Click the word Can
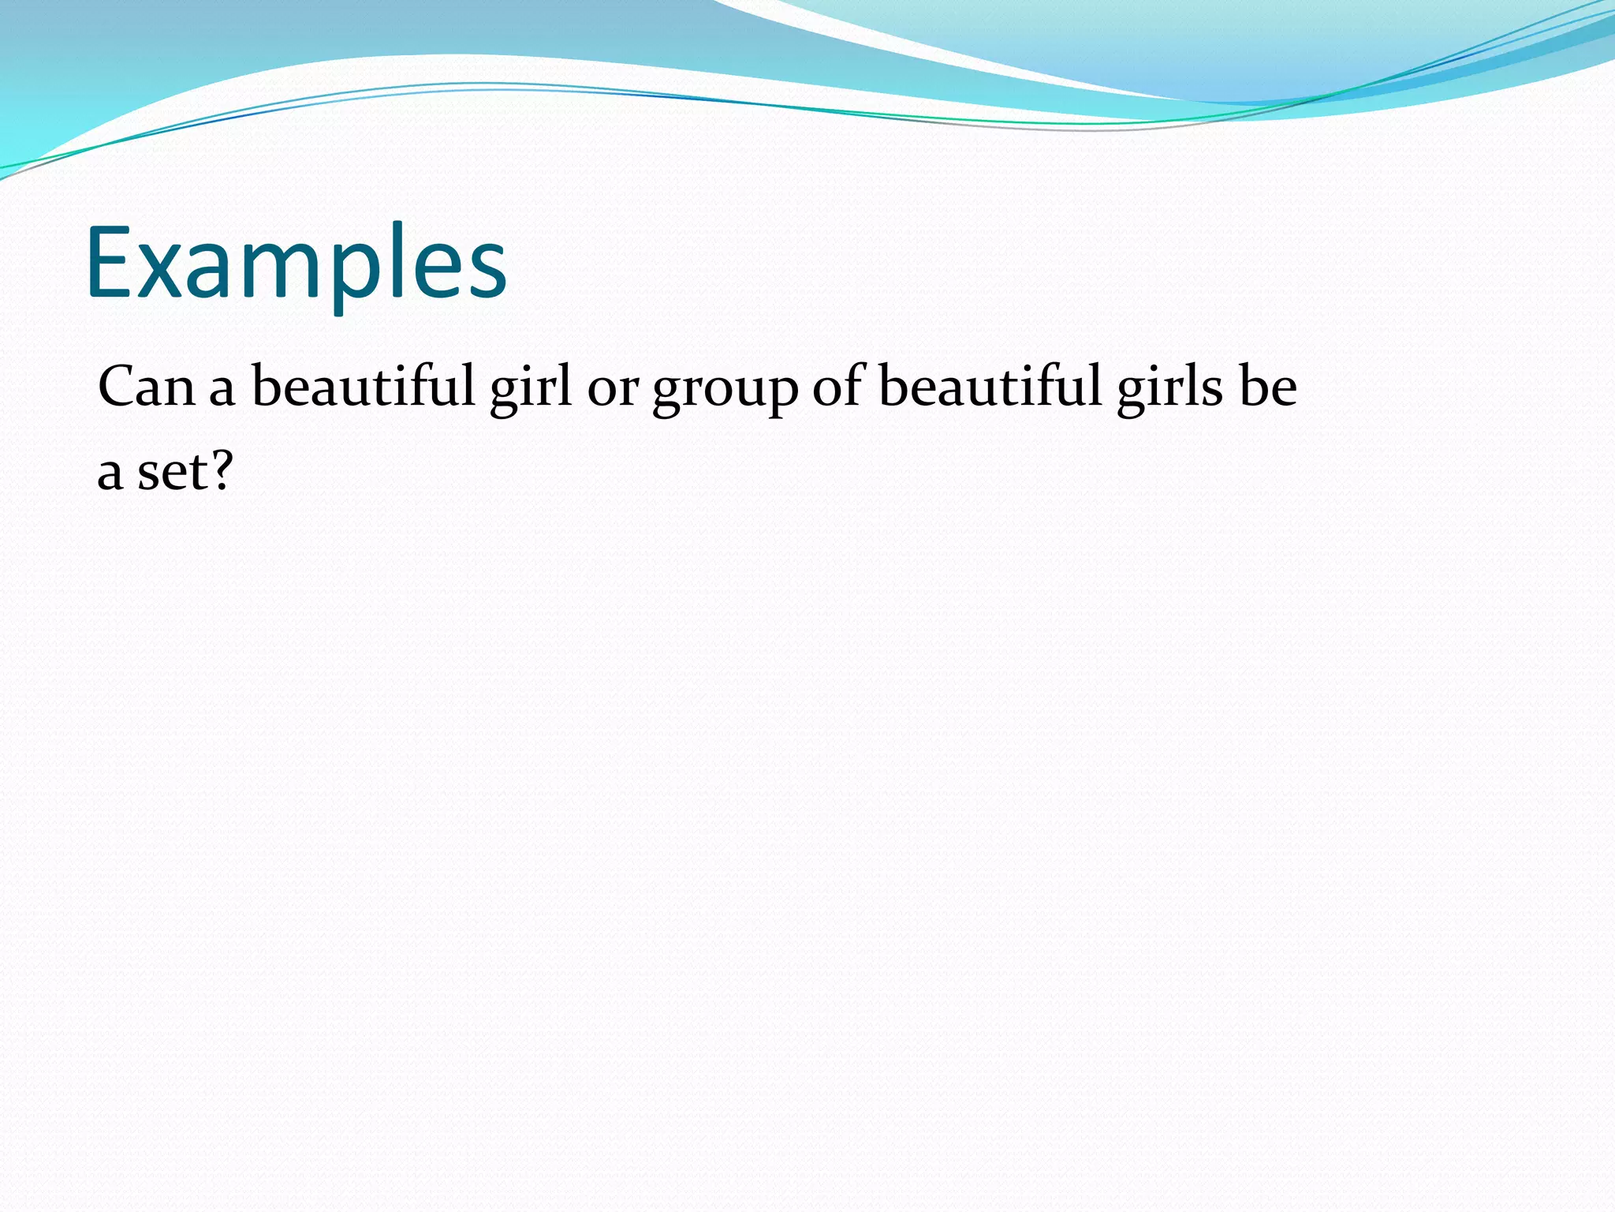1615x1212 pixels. (x=147, y=387)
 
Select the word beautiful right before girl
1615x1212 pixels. (x=364, y=387)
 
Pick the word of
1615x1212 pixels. (x=839, y=387)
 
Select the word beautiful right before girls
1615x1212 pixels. (x=990, y=387)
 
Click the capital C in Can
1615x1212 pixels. (x=114, y=387)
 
